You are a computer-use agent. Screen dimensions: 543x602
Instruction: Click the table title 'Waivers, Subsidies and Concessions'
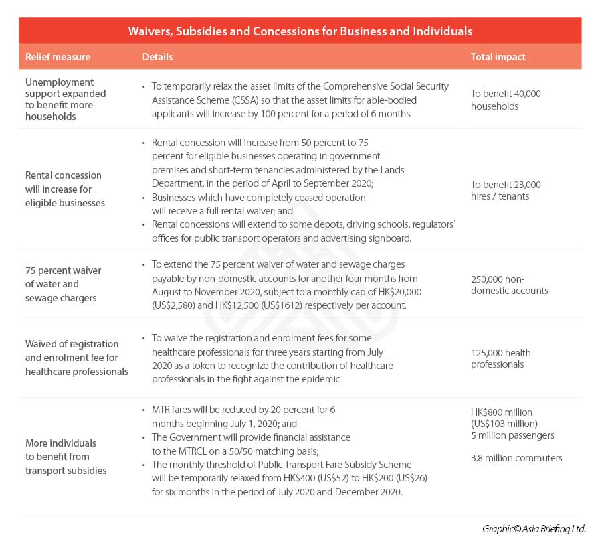300,31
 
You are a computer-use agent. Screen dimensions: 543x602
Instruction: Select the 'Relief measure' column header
58,57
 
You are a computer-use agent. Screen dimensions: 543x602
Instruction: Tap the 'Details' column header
157,57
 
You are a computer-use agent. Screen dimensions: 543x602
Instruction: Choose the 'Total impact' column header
498,57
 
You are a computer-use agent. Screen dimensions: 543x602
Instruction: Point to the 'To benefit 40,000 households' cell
505,100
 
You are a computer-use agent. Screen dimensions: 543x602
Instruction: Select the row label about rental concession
65,189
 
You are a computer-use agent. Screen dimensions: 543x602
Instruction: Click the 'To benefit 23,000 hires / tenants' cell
505,190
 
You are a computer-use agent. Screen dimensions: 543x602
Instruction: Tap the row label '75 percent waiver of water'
64,284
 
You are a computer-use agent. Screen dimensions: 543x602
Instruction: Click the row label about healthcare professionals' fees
76,358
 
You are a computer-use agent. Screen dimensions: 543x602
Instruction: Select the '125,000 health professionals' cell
501,358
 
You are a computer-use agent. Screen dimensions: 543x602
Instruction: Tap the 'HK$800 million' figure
502,412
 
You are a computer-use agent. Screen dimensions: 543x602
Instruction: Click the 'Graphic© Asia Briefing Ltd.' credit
533,529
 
